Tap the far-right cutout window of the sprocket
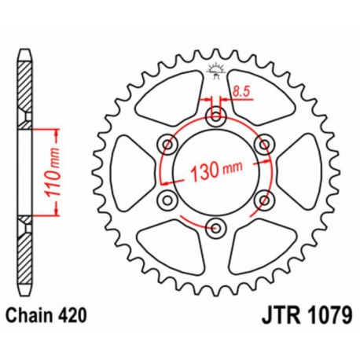[303, 172]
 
